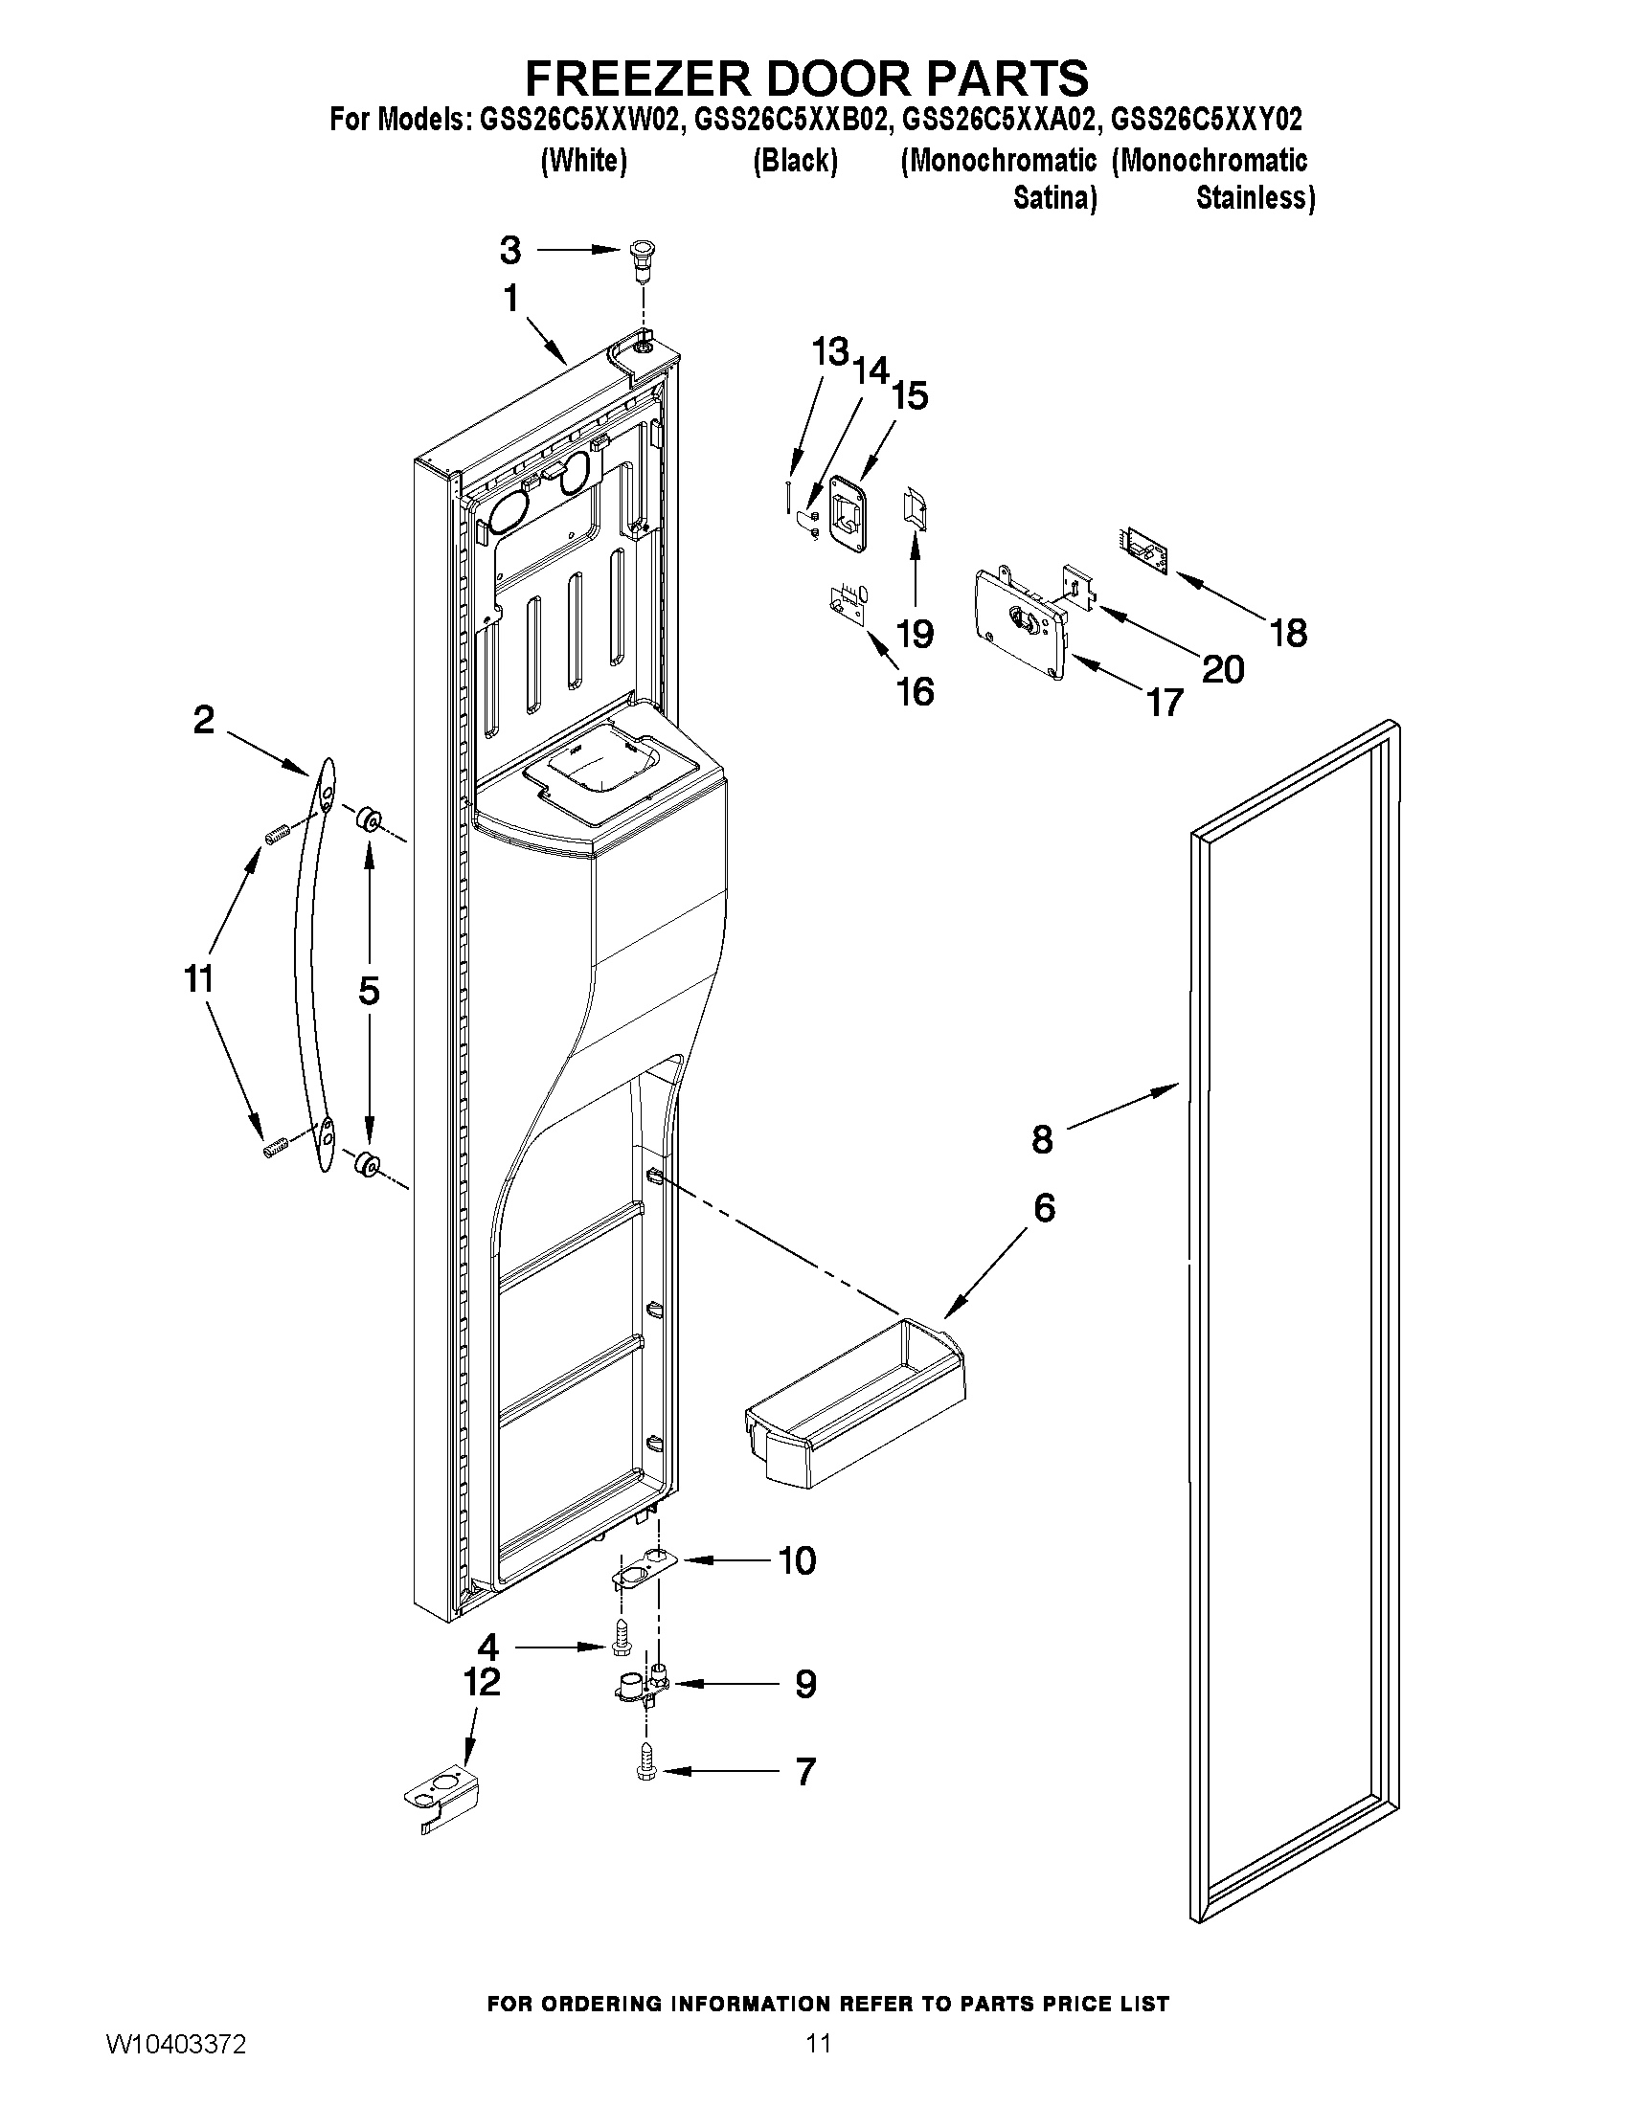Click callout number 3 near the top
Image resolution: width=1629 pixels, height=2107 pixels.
click(510, 251)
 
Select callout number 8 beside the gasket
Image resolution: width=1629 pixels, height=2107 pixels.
click(1042, 1139)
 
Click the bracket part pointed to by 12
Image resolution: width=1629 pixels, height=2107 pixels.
click(441, 1799)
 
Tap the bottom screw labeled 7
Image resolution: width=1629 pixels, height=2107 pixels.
click(645, 1769)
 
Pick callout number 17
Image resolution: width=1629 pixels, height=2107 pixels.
click(1165, 703)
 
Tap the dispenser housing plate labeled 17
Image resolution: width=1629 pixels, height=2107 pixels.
click(1024, 623)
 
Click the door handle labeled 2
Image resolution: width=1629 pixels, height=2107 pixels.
click(310, 965)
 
